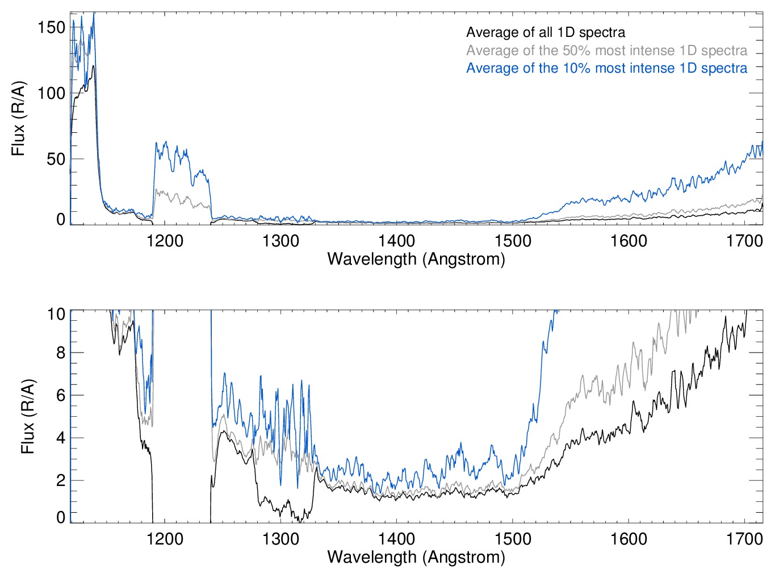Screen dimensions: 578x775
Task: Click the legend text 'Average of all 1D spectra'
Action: pos(546,32)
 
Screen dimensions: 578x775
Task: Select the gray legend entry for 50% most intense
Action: pos(606,51)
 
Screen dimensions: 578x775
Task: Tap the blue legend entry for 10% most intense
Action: pos(606,68)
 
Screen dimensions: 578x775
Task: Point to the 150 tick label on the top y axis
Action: pos(52,27)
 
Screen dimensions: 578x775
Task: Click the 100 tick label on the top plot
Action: pos(52,93)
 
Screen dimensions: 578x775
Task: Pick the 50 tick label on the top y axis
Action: pos(56,159)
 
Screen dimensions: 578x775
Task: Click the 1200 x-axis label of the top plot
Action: pos(165,241)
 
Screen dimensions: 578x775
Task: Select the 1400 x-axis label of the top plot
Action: pos(397,241)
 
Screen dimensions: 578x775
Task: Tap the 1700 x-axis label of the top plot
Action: pos(744,241)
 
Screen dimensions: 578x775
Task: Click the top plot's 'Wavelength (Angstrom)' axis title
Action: pos(416,259)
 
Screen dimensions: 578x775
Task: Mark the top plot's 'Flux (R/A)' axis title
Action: pos(19,119)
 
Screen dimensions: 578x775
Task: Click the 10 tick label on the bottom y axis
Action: pos(56,314)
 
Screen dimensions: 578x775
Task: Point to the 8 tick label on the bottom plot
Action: pos(61,353)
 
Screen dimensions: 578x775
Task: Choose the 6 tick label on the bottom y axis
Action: pos(61,395)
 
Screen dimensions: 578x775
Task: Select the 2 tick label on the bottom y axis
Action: pos(61,480)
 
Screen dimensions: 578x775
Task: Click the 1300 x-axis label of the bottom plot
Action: pos(280,538)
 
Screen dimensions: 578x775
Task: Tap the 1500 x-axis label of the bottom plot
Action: pos(513,538)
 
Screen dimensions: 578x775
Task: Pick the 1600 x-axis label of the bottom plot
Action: pos(629,538)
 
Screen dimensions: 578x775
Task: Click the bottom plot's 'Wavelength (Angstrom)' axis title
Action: pos(416,557)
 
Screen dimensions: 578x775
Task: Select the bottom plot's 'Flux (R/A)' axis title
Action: pos(28,416)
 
